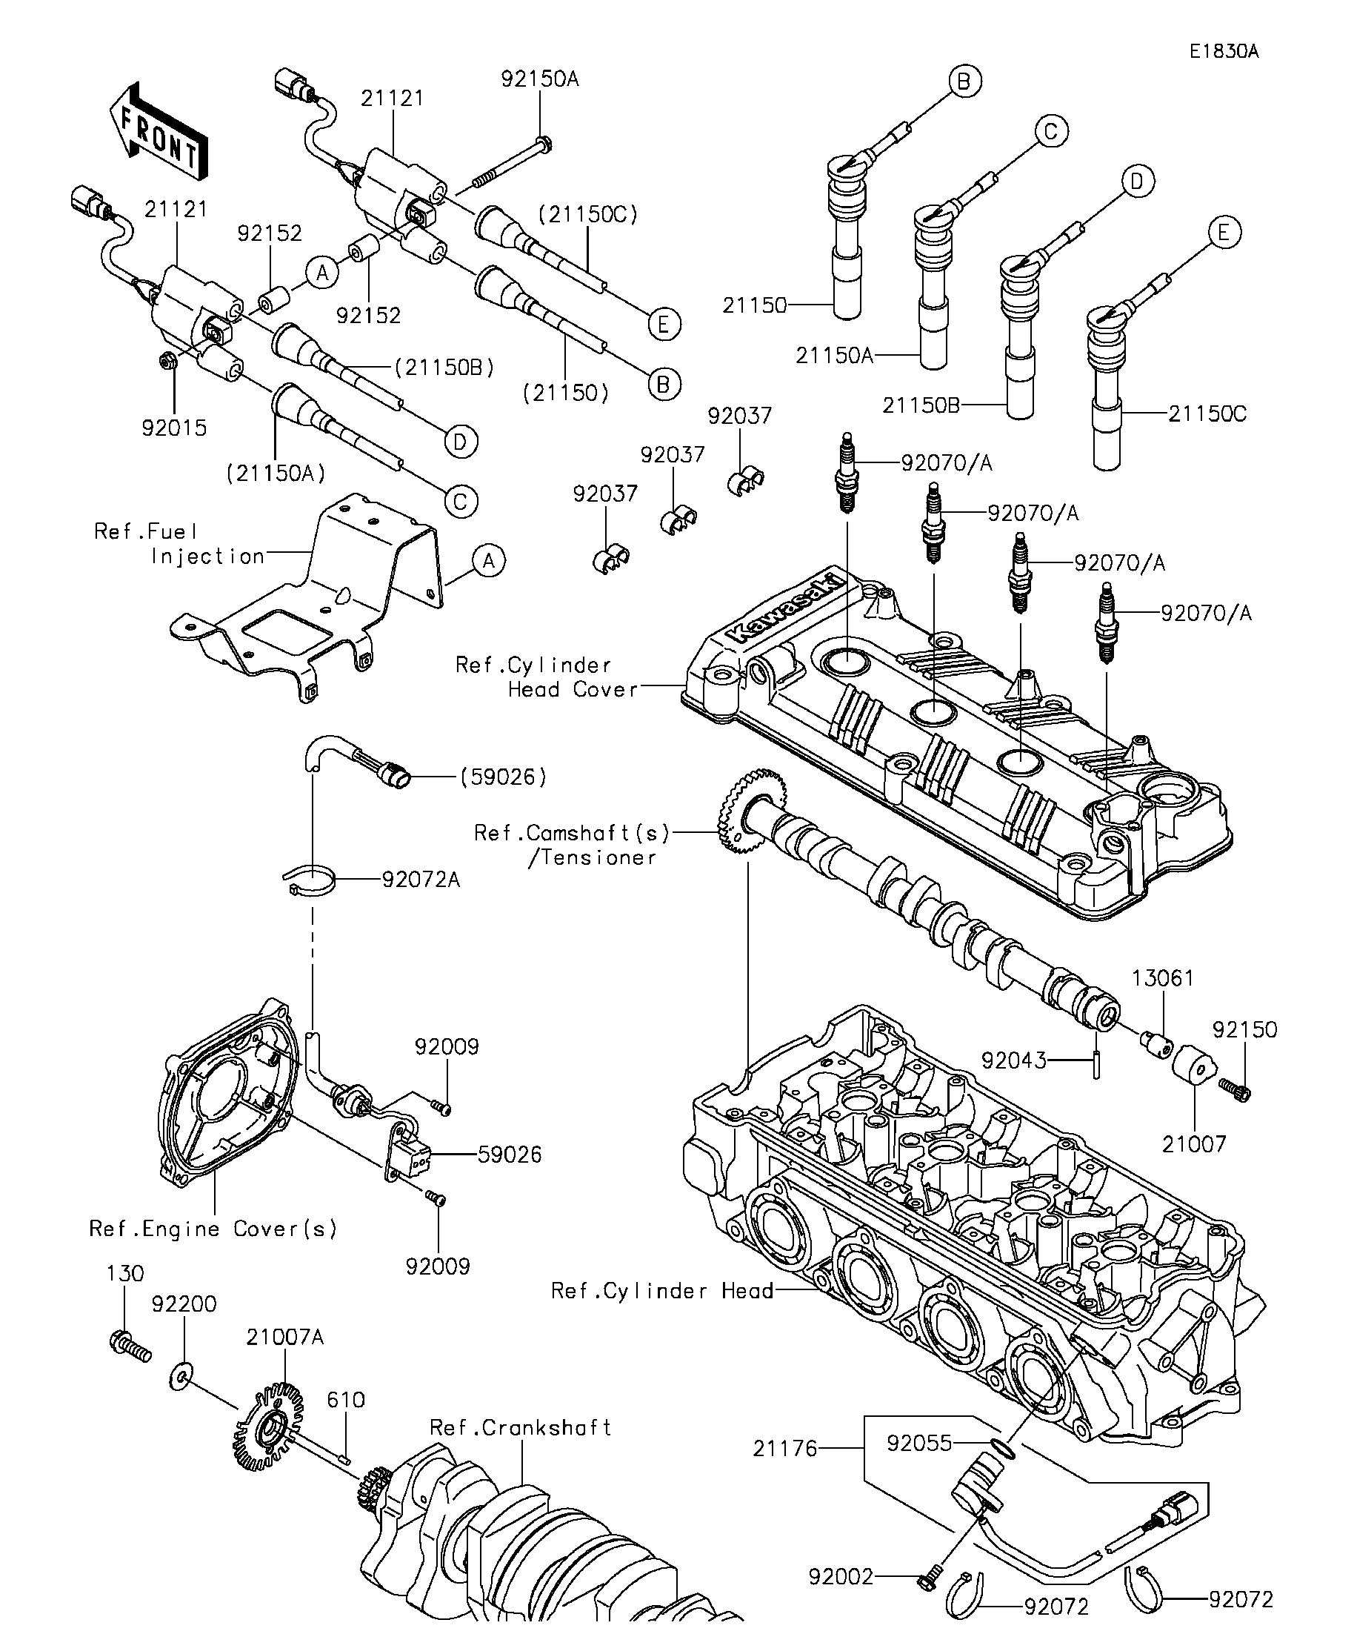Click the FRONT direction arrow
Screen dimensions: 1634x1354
[159, 130]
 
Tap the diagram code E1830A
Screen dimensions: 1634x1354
[1224, 51]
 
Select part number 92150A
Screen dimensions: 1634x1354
[540, 79]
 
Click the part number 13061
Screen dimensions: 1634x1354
[1163, 978]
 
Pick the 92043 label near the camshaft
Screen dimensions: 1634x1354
[1013, 1060]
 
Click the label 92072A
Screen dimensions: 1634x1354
[421, 879]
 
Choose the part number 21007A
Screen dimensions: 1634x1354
[284, 1337]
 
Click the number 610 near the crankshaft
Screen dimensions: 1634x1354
[345, 1400]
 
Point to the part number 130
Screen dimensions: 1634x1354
[125, 1274]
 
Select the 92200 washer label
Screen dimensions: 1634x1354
[184, 1304]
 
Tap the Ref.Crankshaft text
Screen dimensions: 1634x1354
[520, 1428]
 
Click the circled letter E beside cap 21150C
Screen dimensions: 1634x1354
[1224, 233]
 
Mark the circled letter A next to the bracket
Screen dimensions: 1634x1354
[488, 560]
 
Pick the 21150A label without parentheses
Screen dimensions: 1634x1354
[834, 356]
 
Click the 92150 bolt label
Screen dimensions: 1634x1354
[1244, 1029]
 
